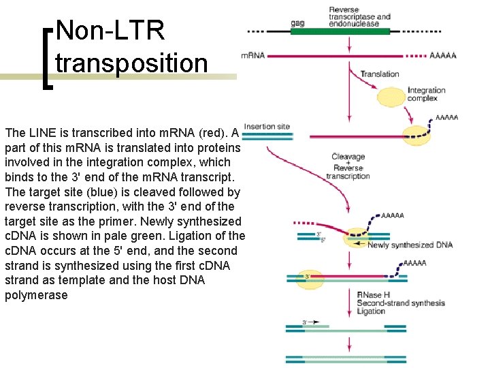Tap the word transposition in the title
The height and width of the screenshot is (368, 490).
[131, 63]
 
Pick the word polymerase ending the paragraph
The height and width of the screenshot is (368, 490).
[36, 295]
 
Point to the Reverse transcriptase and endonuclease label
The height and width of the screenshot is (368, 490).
[359, 17]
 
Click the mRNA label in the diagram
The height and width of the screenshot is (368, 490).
[252, 56]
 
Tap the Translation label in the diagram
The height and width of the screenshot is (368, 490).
[379, 74]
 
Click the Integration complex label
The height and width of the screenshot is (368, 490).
[426, 94]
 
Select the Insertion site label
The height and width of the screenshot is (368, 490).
[267, 126]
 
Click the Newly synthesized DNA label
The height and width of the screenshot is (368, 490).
[410, 245]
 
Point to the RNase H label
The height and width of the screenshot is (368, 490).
[371, 294]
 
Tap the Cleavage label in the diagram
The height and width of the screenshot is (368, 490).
[348, 157]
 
